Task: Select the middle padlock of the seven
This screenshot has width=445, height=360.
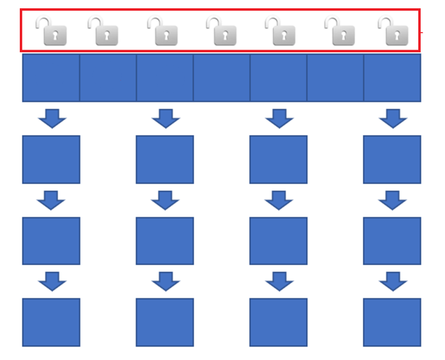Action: (x=222, y=32)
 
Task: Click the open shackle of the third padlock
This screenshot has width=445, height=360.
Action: (x=155, y=22)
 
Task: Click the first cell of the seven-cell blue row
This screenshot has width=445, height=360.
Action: (x=51, y=78)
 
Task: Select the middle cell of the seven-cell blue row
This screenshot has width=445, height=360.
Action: (x=221, y=78)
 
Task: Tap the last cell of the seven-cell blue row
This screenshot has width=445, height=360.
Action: (x=392, y=78)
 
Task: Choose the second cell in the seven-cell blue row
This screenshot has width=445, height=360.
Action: (x=108, y=78)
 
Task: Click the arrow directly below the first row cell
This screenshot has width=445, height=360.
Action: (x=52, y=119)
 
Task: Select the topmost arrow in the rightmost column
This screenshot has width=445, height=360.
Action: (x=393, y=119)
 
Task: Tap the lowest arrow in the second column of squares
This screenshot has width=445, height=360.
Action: (x=166, y=282)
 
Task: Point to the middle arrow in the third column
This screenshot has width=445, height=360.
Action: (x=279, y=200)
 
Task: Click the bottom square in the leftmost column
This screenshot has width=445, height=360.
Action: (x=51, y=322)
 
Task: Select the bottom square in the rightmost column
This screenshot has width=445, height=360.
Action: (x=392, y=322)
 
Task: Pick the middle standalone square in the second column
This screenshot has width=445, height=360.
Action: (x=164, y=241)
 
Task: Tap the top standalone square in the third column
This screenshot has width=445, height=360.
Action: (x=278, y=159)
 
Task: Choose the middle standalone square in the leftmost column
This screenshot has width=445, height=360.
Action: (x=51, y=241)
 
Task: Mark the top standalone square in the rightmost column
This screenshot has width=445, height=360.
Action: (x=392, y=159)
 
